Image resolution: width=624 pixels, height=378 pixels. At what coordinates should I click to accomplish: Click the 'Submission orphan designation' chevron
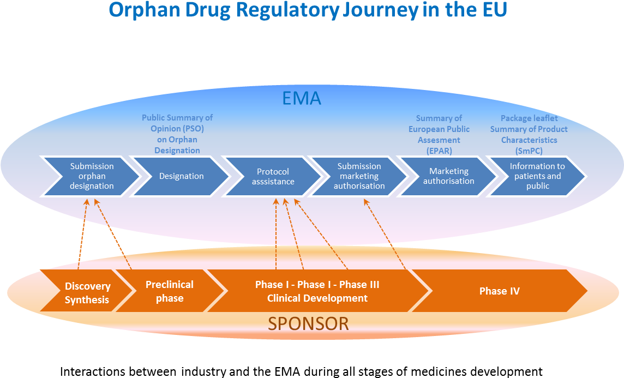[92, 176]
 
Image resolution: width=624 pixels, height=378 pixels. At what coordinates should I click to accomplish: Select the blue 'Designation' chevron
[181, 176]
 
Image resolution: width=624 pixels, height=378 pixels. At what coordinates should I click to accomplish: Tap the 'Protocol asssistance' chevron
[273, 176]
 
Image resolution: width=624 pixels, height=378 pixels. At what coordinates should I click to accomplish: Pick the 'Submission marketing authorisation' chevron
[359, 176]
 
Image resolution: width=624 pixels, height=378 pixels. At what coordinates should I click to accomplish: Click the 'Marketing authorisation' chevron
[448, 176]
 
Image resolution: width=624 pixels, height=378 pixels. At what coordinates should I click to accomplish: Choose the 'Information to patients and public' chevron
[537, 176]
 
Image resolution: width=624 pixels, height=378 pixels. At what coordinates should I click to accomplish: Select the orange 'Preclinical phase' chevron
[169, 291]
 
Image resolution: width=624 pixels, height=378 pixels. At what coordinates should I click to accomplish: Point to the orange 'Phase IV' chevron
[499, 291]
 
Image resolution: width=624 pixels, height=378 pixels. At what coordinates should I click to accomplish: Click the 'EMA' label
[301, 98]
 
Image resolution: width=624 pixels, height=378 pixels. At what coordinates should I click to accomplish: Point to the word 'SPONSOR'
[308, 323]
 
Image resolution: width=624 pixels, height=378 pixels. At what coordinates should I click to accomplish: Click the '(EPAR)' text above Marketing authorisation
[439, 151]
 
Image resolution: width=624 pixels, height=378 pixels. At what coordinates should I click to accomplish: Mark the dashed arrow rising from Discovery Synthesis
[82, 235]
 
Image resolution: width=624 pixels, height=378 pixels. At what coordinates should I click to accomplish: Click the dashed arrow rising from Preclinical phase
[113, 235]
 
